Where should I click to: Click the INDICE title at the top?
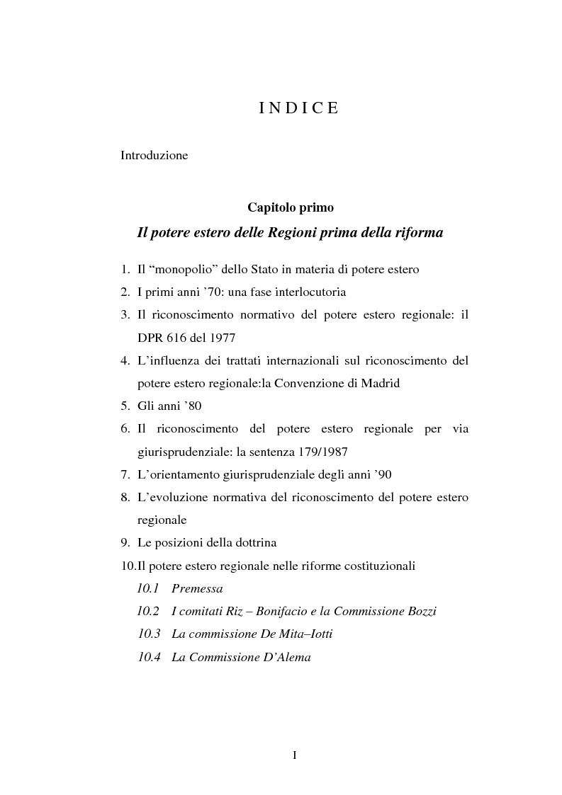[x=298, y=108]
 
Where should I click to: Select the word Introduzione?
[x=154, y=155]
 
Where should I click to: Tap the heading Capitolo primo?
[x=291, y=207]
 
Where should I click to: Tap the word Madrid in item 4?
[x=378, y=383]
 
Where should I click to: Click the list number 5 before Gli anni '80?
[x=125, y=406]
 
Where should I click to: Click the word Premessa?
[x=197, y=588]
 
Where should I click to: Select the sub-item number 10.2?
[x=149, y=611]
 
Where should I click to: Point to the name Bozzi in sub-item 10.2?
[x=420, y=611]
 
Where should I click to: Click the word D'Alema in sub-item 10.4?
[x=286, y=657]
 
